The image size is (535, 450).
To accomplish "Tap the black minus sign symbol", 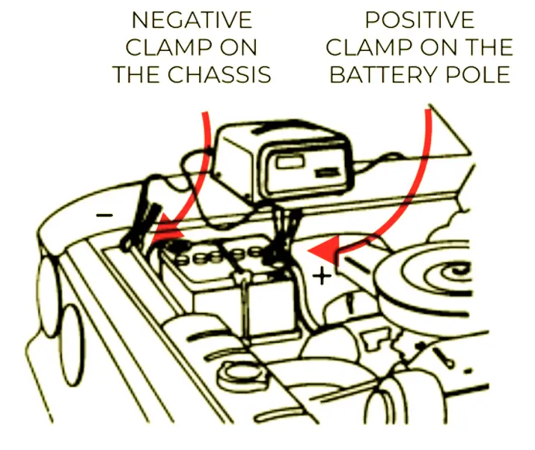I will point(106,216).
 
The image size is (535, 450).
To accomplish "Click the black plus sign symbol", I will point(322,276).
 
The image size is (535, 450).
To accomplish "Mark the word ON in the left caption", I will point(237,47).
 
